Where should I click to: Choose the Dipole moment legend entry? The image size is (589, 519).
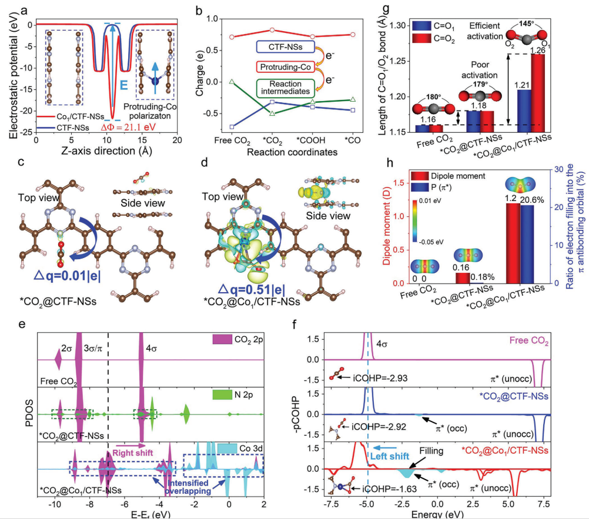(x=461, y=175)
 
